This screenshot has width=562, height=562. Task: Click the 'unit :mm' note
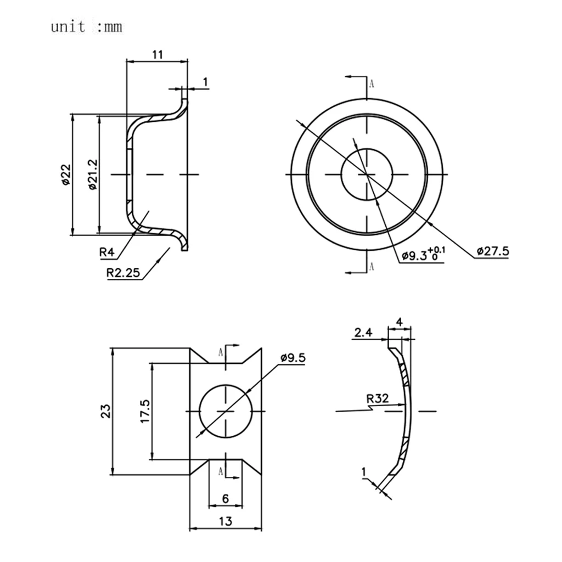click(86, 27)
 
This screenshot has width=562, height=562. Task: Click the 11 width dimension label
click(158, 54)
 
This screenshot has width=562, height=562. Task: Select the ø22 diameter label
click(66, 175)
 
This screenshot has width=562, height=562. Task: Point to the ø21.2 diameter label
click(92, 175)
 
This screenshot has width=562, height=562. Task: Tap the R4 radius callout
click(106, 252)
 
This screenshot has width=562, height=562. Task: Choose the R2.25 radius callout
click(123, 273)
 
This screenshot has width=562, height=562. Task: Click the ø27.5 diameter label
click(493, 251)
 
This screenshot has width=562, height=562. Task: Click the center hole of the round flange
click(367, 175)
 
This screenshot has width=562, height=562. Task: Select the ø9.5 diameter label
click(293, 358)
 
